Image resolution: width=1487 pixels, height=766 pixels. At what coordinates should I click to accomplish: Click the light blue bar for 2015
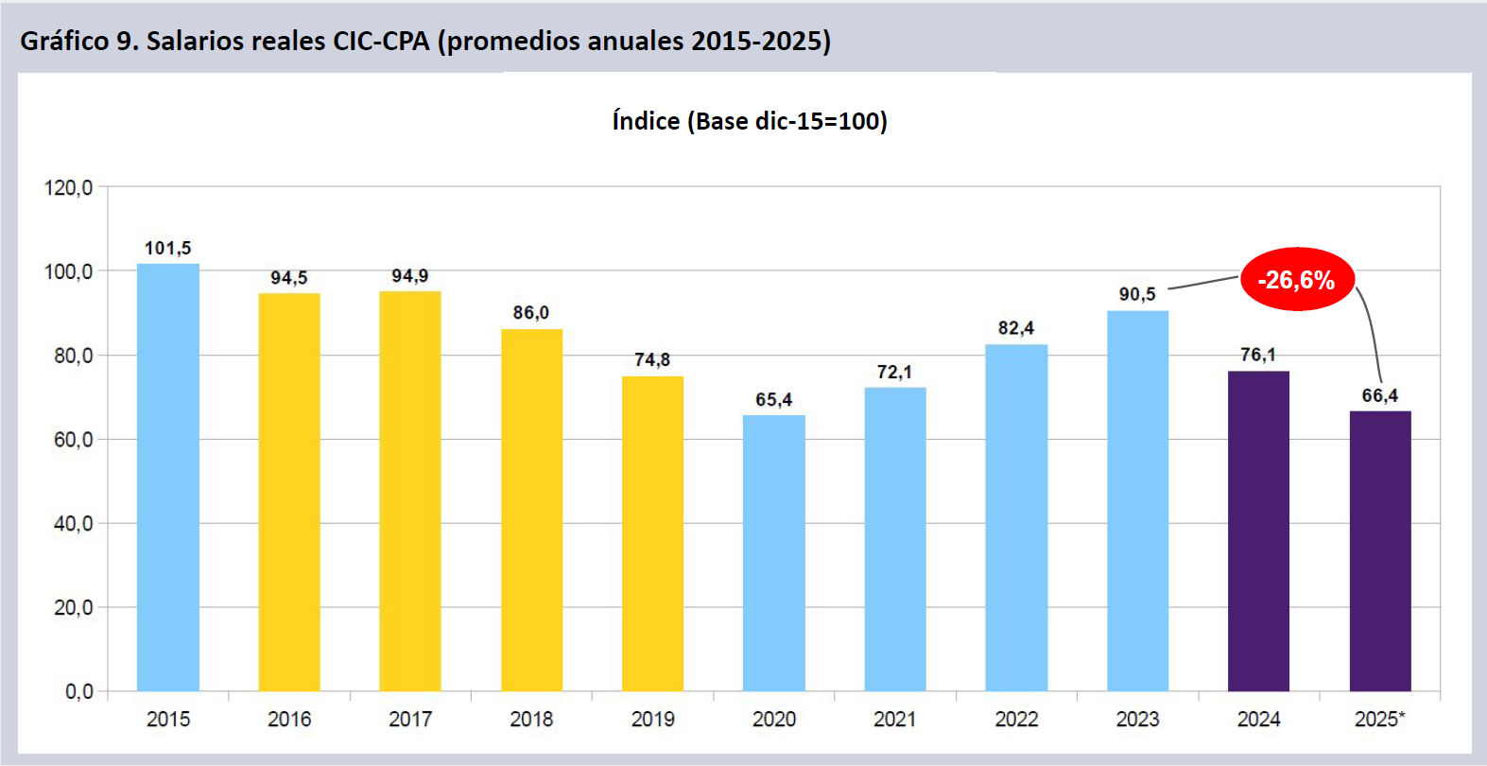click(x=168, y=478)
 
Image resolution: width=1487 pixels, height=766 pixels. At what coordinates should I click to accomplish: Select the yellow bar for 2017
click(x=410, y=492)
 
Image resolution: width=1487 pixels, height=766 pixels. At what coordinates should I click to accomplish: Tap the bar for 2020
click(x=774, y=553)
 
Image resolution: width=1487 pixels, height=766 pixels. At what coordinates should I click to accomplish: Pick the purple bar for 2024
click(x=1258, y=531)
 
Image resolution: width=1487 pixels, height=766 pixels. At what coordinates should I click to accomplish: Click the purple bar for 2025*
click(x=1380, y=551)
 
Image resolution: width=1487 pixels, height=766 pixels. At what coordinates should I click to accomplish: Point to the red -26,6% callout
click(x=1296, y=280)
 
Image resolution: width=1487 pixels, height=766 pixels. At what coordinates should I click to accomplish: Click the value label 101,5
click(x=167, y=249)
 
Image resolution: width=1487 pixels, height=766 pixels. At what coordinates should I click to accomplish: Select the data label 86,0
click(x=531, y=313)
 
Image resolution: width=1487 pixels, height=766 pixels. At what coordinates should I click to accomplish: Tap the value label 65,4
click(x=774, y=400)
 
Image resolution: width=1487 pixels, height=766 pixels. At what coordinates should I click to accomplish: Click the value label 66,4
click(x=1380, y=396)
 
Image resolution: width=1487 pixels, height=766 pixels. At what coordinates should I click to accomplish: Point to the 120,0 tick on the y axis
click(x=69, y=188)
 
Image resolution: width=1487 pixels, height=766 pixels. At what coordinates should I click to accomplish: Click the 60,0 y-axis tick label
click(x=73, y=440)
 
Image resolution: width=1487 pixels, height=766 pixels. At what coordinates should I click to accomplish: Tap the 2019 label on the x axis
click(x=653, y=720)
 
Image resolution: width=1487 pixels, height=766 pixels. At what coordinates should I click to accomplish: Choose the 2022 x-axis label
click(x=1016, y=720)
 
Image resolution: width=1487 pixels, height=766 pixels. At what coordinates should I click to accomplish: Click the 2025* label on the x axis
click(x=1380, y=720)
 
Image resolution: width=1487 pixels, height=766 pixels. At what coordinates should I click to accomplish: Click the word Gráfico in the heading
click(x=63, y=42)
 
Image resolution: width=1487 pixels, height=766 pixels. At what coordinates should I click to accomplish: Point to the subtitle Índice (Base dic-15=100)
click(x=750, y=122)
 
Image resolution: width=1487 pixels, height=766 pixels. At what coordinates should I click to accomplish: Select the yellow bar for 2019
click(x=653, y=534)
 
